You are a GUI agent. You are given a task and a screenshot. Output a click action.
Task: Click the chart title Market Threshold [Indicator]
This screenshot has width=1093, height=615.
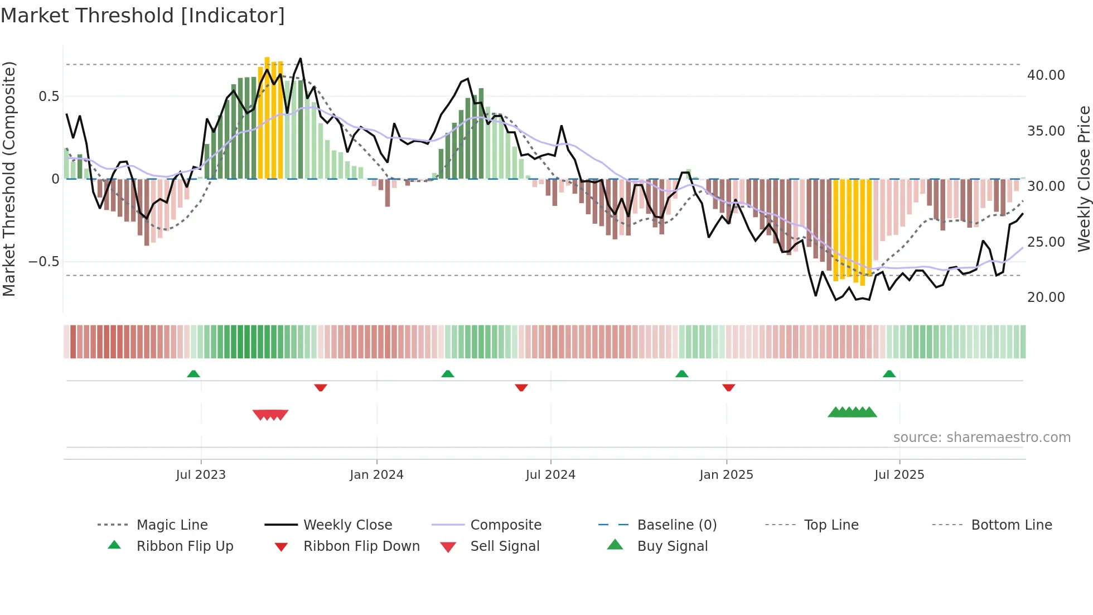(x=143, y=16)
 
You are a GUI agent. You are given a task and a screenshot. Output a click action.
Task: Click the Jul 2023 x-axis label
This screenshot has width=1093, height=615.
(x=201, y=475)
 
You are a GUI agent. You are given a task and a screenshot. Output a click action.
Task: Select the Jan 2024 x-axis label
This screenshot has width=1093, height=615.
(x=376, y=475)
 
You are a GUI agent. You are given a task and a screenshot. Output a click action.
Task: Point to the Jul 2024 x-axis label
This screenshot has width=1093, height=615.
(x=550, y=475)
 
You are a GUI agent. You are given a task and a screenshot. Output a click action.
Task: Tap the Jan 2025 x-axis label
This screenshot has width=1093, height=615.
(x=726, y=475)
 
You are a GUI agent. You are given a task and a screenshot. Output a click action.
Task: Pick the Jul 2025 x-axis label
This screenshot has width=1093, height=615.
(x=899, y=475)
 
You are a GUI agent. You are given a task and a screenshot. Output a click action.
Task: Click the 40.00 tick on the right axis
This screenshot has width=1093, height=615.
(x=1046, y=75)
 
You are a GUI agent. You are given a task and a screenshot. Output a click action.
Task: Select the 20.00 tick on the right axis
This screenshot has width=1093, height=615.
(x=1046, y=297)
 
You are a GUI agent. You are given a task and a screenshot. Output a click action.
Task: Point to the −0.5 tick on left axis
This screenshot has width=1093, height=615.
(x=43, y=262)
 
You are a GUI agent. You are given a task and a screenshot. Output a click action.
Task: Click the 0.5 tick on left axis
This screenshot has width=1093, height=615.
(x=49, y=97)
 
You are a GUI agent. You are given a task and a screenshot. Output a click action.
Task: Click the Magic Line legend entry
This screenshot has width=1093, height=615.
(x=172, y=525)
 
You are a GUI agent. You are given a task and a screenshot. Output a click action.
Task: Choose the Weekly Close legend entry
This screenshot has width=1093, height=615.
(x=347, y=525)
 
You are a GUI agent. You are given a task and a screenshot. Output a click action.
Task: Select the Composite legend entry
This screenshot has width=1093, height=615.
(x=505, y=525)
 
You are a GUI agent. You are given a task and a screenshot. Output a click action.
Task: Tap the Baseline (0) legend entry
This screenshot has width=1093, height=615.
(x=676, y=525)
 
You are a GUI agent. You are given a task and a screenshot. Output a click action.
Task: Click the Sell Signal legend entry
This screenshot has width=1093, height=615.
(x=504, y=546)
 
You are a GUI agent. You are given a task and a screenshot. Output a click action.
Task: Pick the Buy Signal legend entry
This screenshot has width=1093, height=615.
(x=672, y=546)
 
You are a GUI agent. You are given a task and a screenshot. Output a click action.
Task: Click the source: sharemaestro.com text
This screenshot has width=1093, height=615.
(x=981, y=438)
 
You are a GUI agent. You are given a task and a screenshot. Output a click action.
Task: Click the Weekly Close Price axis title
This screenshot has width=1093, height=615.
(x=1084, y=179)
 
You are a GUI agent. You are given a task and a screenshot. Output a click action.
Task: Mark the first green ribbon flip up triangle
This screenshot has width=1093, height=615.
(x=194, y=374)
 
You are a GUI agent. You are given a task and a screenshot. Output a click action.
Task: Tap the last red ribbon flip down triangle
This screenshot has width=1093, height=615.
(x=728, y=387)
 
